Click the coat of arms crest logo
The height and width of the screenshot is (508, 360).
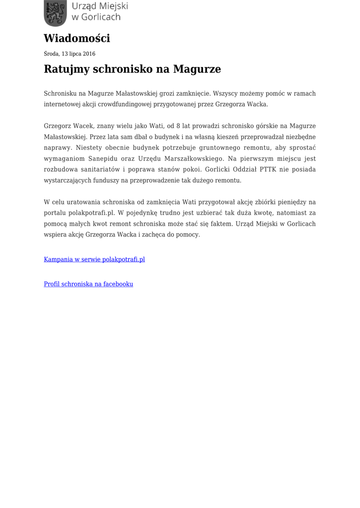pos(55,13)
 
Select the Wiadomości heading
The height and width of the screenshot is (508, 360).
pos(77,38)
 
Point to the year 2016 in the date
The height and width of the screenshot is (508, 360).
pos(89,54)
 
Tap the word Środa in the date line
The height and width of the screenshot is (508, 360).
pos(52,54)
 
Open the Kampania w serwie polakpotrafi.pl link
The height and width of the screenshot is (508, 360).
pos(94,259)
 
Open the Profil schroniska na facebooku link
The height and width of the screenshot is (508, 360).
pos(88,284)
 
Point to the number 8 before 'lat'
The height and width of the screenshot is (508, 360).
pos(178,126)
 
